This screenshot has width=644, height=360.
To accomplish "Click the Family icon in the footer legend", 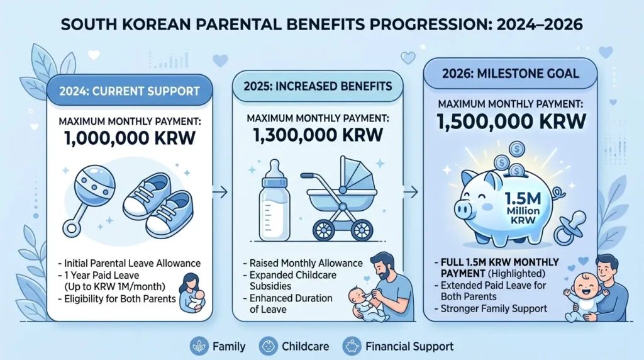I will pyautogui.click(x=199, y=346).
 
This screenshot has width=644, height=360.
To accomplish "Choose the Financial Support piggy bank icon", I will pyautogui.click(x=351, y=346).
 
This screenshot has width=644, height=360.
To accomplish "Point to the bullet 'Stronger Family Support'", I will pyautogui.click(x=491, y=308).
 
